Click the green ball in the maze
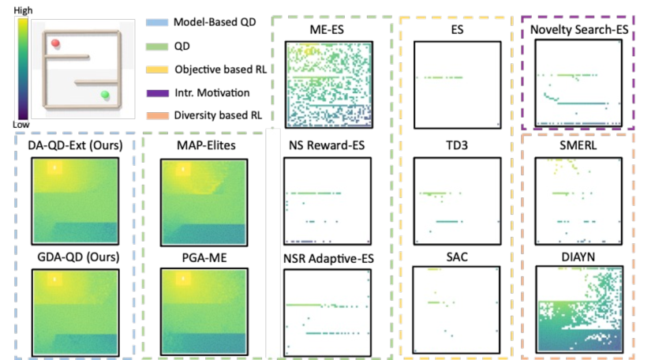pyautogui.click(x=104, y=96)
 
